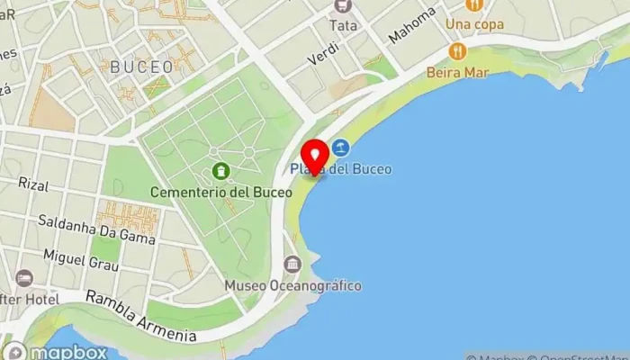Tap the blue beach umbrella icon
tap(341, 147)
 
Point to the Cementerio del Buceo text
tap(221, 192)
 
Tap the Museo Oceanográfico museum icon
tap(292, 265)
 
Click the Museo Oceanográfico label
tap(293, 286)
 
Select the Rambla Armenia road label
tap(140, 318)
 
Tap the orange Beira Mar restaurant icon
tap(457, 50)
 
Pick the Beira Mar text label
tap(477, 71)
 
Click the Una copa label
tap(474, 24)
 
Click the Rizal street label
tap(33, 184)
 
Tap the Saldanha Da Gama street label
tap(97, 229)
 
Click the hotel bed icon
tap(24, 277)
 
